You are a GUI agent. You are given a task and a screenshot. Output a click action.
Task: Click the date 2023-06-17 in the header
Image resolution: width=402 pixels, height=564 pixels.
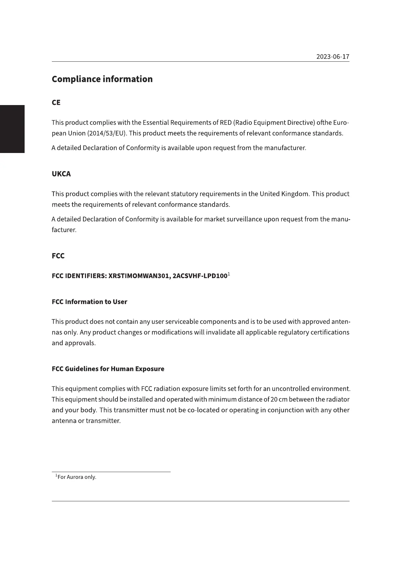click(332, 56)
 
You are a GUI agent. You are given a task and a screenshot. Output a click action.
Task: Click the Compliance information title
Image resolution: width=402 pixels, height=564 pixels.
click(102, 79)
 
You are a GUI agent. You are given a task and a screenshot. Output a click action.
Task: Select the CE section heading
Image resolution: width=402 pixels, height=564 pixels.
click(56, 102)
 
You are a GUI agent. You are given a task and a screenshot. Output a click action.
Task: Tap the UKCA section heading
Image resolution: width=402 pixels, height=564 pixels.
click(61, 174)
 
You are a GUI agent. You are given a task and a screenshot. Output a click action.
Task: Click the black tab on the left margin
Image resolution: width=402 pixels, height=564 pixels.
click(12, 129)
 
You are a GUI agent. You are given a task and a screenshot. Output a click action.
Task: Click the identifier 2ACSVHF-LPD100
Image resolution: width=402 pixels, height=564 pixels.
click(200, 276)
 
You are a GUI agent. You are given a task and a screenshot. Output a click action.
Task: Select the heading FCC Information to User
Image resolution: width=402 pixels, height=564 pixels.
click(89, 302)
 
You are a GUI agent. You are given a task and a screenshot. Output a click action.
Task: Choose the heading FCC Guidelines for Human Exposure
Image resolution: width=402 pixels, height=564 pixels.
click(108, 369)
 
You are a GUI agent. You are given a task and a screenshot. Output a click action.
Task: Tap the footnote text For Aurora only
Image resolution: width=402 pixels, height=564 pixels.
click(77, 477)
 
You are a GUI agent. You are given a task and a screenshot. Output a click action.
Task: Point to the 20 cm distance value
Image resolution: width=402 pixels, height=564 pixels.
click(279, 400)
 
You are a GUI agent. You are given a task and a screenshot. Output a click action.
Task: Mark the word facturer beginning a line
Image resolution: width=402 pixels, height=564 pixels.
click(64, 230)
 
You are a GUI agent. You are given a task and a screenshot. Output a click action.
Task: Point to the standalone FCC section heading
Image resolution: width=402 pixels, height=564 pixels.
click(58, 256)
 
